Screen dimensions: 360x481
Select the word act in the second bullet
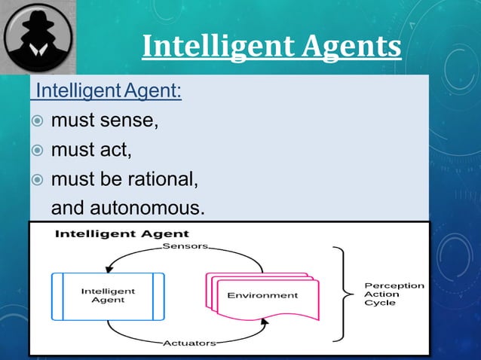click(117, 151)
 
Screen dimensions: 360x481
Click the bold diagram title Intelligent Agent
click(111, 234)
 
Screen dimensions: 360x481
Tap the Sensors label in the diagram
click(185, 246)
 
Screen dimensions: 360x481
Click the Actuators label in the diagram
click(189, 343)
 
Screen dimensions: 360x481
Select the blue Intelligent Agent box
click(108, 296)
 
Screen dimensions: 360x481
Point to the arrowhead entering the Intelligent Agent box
click(110, 268)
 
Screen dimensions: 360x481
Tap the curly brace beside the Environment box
click(344, 294)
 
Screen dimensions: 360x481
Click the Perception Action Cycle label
click(394, 294)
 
